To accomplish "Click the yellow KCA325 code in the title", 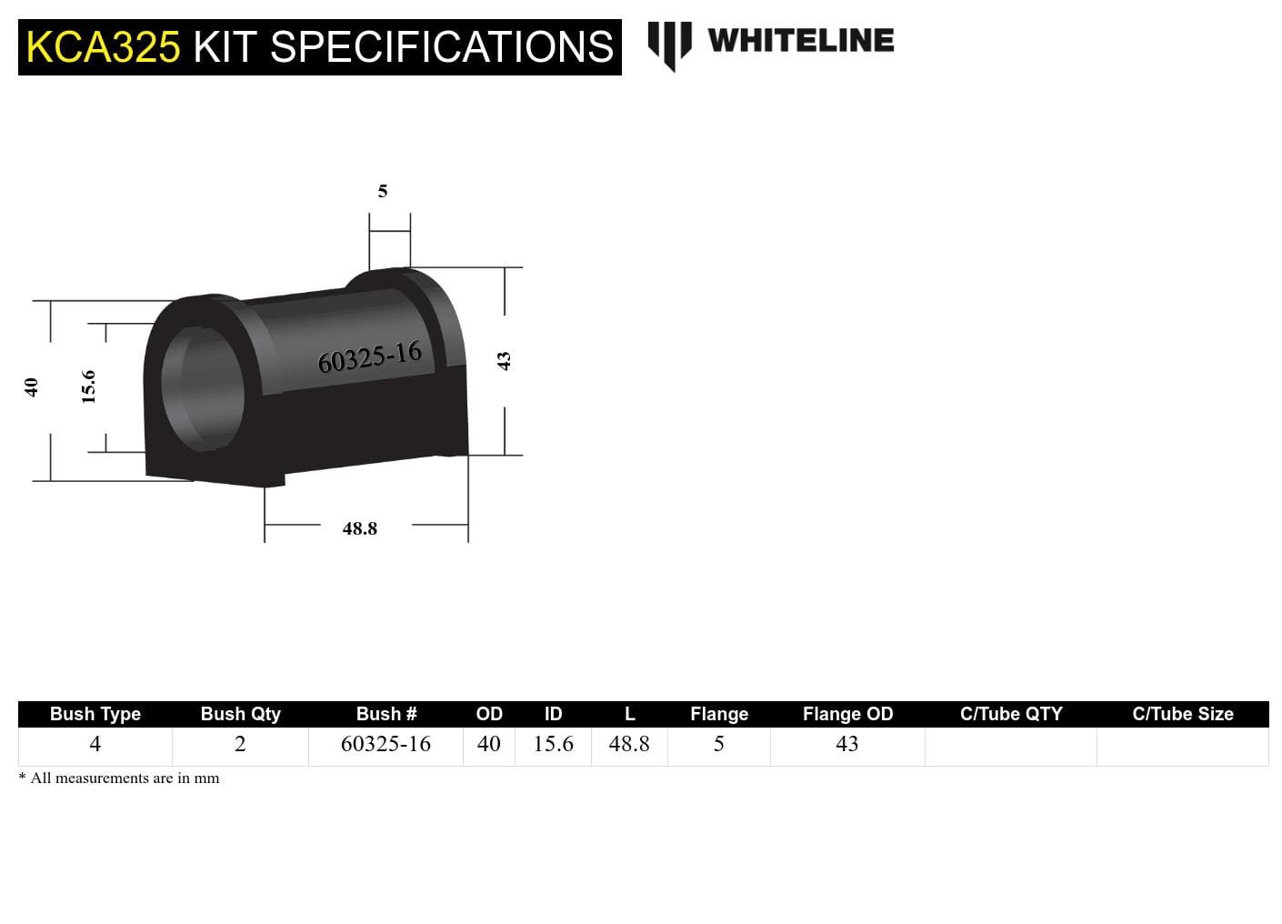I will point(103,47).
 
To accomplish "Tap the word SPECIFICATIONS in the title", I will point(442,47).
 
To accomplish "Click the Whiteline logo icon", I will point(669,44).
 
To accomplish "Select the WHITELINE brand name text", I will point(800,41).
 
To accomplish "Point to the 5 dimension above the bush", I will point(383,191).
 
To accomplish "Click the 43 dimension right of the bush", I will point(505,361).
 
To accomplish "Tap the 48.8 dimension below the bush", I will point(360,528).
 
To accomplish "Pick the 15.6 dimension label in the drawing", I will point(88,387).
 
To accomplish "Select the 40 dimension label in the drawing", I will point(31,387).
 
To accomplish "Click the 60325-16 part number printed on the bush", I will point(369,357).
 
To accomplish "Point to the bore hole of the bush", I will point(204,385).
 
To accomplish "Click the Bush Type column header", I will point(95,714).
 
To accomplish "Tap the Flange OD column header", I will point(847,714).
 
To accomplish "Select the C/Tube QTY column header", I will point(1011,714).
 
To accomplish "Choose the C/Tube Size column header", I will point(1182,714).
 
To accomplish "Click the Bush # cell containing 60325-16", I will point(386,744).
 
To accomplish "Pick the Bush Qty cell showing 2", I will point(240,744).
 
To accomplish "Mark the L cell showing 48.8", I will point(629,744).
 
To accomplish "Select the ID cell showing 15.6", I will point(553,744).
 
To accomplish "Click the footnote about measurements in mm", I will point(119,778).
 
